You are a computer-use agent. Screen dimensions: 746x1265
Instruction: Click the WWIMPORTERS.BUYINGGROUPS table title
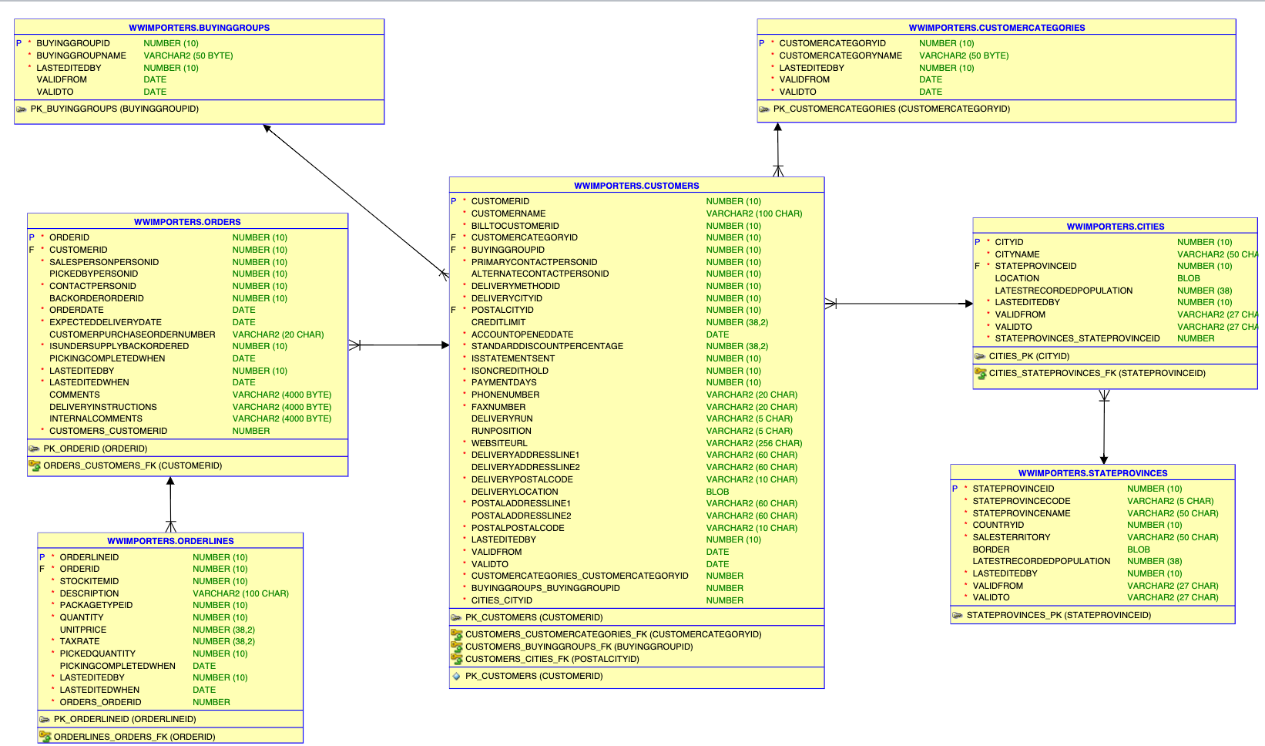tap(199, 28)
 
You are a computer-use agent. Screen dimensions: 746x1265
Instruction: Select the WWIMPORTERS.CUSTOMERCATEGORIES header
tap(996, 28)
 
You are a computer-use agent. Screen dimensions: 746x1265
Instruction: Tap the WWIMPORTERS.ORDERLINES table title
tap(170, 541)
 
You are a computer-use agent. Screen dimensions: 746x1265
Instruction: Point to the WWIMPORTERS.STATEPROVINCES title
tap(1092, 473)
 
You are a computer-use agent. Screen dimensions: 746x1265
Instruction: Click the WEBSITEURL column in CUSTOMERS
tap(499, 443)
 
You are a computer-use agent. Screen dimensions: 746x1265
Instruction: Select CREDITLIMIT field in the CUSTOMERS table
tap(498, 322)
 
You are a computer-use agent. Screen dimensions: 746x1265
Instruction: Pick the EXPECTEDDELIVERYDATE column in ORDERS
tap(106, 322)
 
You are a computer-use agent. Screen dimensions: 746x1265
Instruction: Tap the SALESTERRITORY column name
tap(1011, 537)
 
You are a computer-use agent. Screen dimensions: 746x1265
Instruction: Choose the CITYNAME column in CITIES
tap(1017, 254)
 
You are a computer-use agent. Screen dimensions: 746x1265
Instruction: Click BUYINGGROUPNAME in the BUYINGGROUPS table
tap(81, 55)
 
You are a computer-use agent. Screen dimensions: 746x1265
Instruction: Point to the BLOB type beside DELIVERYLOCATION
tap(717, 492)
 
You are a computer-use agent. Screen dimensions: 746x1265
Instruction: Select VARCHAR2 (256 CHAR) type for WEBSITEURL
tap(753, 443)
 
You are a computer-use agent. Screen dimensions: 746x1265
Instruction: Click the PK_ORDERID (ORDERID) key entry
tap(95, 449)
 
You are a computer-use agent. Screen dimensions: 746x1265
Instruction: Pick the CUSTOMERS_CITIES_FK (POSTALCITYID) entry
tap(552, 659)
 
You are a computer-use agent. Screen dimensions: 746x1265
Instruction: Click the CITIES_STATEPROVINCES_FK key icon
tap(980, 373)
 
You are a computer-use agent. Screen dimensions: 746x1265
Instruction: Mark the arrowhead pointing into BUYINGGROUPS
tap(267, 128)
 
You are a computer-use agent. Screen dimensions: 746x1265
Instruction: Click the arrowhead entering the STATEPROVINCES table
tap(1104, 460)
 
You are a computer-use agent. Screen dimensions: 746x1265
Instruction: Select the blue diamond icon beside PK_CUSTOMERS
tap(456, 676)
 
